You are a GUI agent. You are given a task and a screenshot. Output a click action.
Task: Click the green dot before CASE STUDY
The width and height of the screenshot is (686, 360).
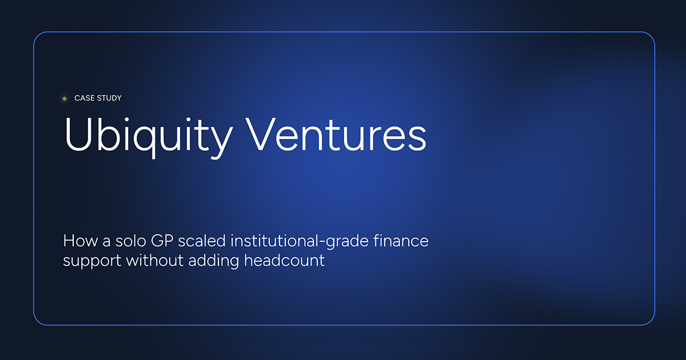click(x=65, y=98)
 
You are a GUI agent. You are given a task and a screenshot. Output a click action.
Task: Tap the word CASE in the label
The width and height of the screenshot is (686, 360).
click(x=84, y=98)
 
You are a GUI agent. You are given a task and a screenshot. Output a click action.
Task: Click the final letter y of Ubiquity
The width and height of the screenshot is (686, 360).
click(x=222, y=140)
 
